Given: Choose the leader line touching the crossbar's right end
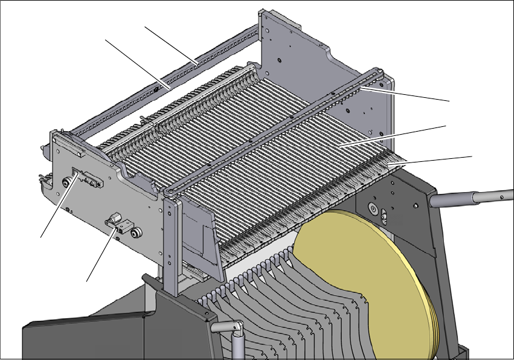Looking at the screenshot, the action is [411, 94].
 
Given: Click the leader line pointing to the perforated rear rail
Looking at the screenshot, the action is [169, 43].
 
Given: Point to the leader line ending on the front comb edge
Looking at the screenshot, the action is [435, 159].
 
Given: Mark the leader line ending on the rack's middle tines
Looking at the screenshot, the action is [393, 136].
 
